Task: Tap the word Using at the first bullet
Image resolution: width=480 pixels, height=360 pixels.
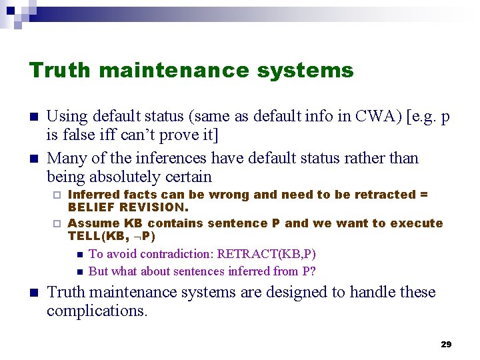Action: tap(67, 116)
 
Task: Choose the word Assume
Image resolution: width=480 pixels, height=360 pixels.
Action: tap(93, 223)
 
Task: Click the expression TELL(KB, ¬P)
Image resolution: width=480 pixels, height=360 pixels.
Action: tap(112, 236)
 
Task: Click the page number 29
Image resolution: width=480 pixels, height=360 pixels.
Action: tap(446, 344)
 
